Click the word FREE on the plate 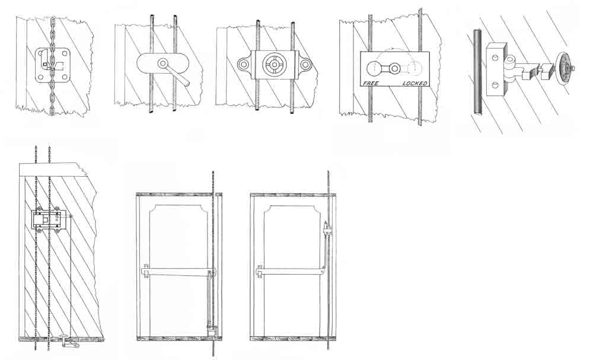pos(371,83)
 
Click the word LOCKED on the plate pos(415,83)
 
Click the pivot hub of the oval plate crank pos(164,63)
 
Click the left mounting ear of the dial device pos(244,64)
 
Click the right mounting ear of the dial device pos(306,64)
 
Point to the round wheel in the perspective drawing pos(563,68)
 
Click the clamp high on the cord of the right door pos(327,229)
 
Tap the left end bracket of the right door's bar pos(259,271)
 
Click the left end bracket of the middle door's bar pos(146,271)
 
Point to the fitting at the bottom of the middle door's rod pos(211,330)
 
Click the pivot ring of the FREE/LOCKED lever pos(394,68)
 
